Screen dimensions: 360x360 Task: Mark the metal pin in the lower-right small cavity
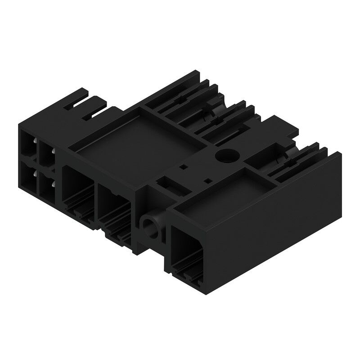(x=52, y=184)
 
